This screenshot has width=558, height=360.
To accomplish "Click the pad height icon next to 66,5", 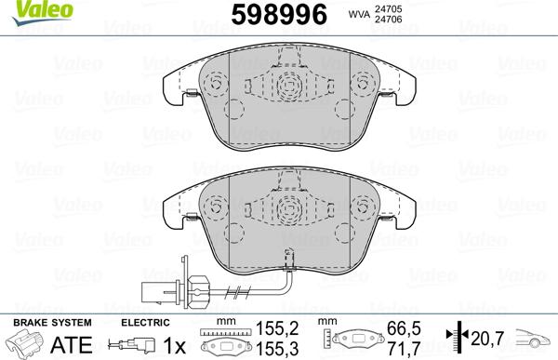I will (358, 341).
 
